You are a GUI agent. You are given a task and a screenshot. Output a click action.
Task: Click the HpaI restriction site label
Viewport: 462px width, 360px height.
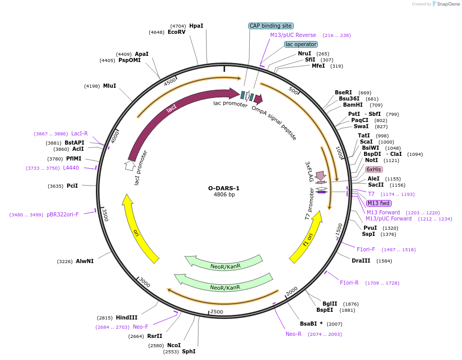tap(196, 26)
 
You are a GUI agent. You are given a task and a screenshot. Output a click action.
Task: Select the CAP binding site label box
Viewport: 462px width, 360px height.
tap(271, 26)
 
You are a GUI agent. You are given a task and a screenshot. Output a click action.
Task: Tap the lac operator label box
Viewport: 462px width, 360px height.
tap(301, 44)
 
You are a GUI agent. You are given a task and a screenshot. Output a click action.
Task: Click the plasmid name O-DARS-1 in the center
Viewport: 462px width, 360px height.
tap(224, 188)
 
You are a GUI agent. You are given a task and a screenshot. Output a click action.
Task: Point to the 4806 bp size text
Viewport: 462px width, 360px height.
tap(224, 195)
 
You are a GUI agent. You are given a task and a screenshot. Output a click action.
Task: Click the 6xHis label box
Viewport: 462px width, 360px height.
tap(373, 169)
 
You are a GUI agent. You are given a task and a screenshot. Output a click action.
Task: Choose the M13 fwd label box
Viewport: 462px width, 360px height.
tap(378, 203)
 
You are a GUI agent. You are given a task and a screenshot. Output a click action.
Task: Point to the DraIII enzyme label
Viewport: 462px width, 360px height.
tap(361, 261)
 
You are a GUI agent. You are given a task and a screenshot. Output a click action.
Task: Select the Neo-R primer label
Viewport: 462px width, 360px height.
tap(294, 334)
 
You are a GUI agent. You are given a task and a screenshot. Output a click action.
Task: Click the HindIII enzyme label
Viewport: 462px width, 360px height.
tap(127, 317)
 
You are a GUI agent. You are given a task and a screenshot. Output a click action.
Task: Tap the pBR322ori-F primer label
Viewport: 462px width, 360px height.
tap(63, 214)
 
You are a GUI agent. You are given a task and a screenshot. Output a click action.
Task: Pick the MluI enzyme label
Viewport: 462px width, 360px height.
tap(109, 86)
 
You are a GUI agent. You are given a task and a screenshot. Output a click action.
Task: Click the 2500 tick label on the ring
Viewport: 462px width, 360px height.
tap(217, 312)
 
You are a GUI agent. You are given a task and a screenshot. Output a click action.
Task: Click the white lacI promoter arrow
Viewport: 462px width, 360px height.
tap(129, 165)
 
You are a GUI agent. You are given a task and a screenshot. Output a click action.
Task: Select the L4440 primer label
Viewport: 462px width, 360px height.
tap(71, 168)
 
